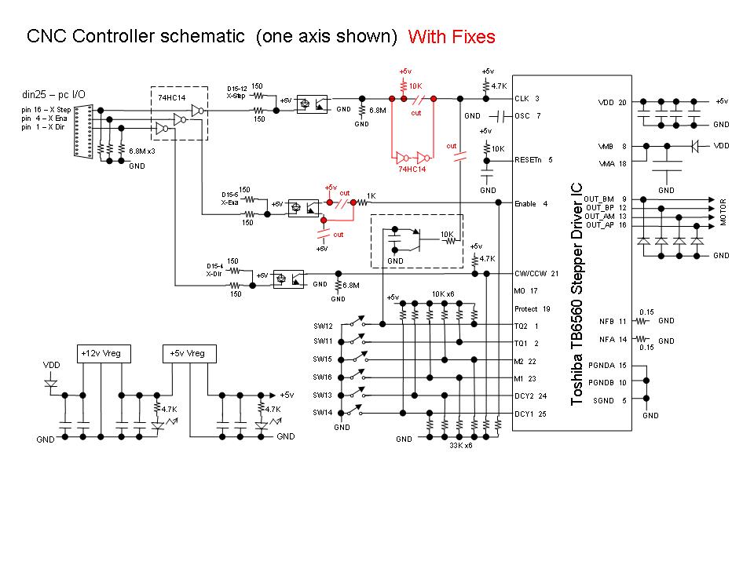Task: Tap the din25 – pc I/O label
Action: (x=54, y=95)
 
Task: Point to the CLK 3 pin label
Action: (x=527, y=99)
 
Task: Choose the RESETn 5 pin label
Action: (x=533, y=159)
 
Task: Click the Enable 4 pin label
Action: (x=532, y=204)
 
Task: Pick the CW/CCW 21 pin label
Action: (x=536, y=273)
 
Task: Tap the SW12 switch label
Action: (x=323, y=326)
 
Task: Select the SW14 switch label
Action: (x=323, y=412)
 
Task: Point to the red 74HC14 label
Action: (x=413, y=169)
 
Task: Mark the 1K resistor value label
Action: (x=372, y=195)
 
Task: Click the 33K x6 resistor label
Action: (x=460, y=446)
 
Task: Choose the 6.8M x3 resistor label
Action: (x=142, y=150)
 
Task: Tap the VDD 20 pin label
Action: (x=613, y=102)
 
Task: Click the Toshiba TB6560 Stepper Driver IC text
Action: (x=577, y=294)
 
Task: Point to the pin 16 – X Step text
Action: (x=48, y=109)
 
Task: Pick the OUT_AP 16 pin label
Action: (x=604, y=225)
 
